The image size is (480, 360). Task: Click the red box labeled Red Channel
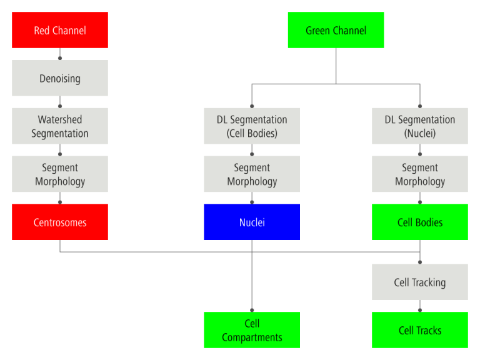tap(60, 30)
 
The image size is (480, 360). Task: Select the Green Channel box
tap(336, 30)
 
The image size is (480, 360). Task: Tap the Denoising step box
tap(60, 78)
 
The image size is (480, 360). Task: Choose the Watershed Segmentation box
tap(60, 126)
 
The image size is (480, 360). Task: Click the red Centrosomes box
tap(60, 222)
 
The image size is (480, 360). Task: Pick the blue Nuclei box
tap(252, 222)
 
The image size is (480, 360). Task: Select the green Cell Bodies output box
tap(420, 222)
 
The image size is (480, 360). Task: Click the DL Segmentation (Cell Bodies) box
tap(252, 126)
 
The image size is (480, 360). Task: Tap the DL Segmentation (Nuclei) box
tap(420, 126)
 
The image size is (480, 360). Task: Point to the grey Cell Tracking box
tap(420, 282)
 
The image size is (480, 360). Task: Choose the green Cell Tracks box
tap(420, 330)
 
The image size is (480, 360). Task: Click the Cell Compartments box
tap(252, 330)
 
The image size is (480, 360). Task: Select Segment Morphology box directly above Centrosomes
tap(60, 174)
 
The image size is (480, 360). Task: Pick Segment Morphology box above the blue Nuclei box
tap(252, 174)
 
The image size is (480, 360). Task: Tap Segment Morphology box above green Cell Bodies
tap(420, 174)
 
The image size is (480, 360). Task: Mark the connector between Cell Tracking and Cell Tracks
tap(420, 306)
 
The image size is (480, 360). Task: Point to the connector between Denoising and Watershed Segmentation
tap(60, 102)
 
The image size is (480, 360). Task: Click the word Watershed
tap(60, 119)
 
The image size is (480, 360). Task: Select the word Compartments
tap(252, 337)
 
